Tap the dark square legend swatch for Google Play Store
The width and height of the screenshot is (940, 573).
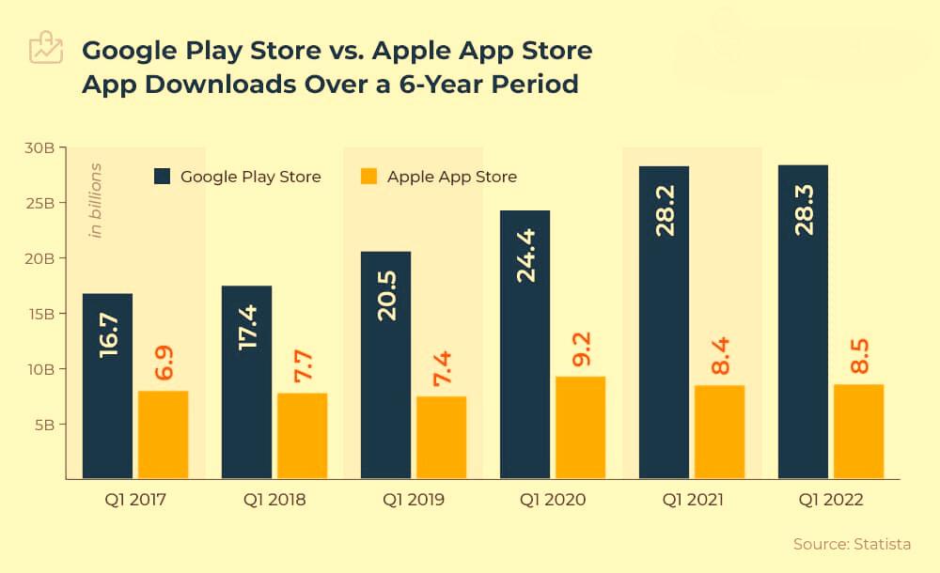click(x=163, y=177)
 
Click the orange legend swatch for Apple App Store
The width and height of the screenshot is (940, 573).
click(x=369, y=177)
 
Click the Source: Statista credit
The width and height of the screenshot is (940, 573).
click(x=852, y=544)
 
